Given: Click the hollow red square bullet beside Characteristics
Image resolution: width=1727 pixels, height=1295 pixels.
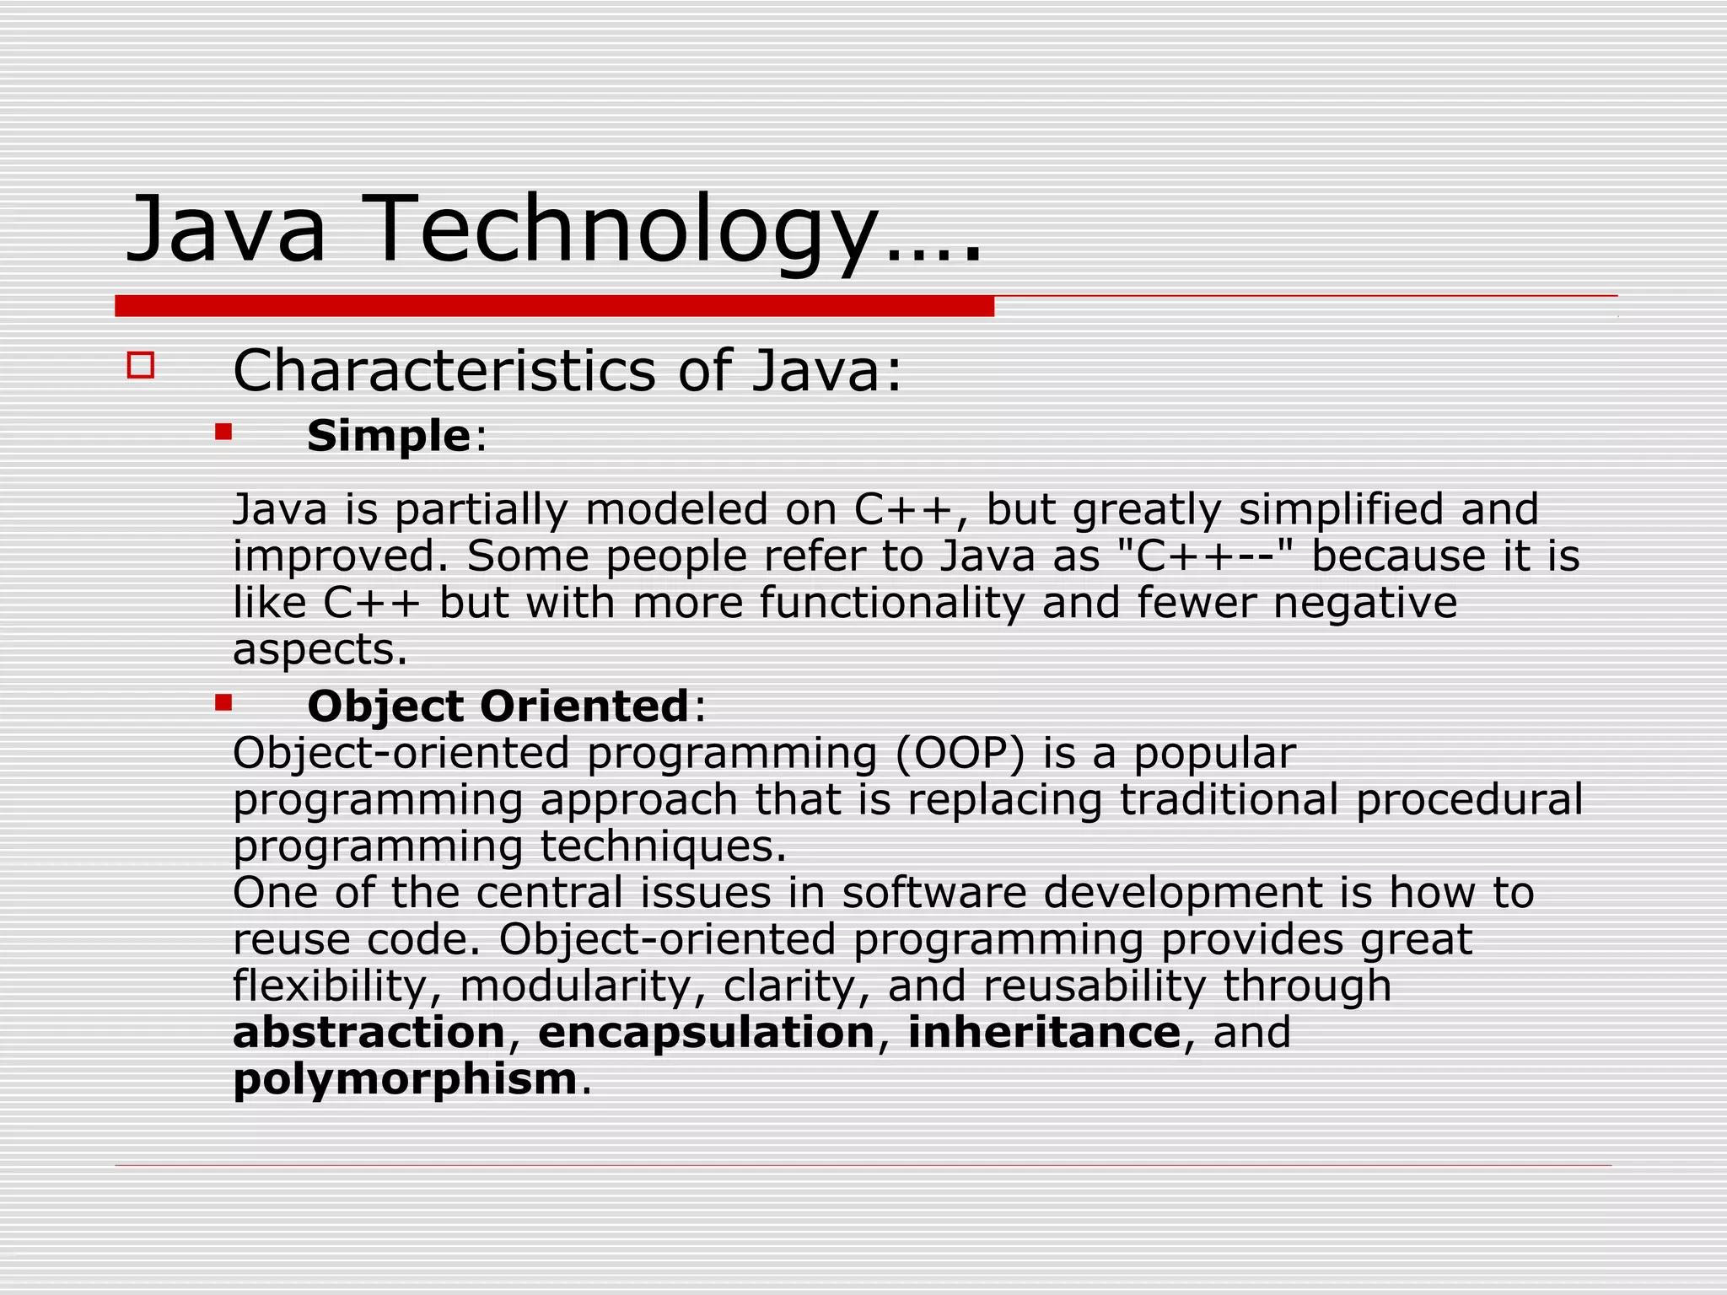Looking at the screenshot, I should tap(141, 366).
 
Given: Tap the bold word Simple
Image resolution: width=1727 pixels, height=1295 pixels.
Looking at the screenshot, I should tap(388, 437).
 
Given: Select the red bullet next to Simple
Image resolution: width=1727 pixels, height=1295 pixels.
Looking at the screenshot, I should tap(223, 433).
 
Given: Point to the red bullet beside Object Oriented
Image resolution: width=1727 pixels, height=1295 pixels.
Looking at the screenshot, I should tap(223, 702).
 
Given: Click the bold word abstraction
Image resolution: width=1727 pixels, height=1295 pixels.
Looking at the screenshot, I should tap(369, 1033).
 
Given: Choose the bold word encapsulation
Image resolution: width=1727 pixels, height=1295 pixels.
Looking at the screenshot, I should tap(707, 1034).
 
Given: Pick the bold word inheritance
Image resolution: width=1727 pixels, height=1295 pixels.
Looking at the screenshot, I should tap(1044, 1033).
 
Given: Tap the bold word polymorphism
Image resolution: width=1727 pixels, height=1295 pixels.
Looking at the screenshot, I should tap(405, 1080).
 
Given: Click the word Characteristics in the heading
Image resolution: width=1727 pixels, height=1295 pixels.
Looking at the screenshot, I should tap(444, 371).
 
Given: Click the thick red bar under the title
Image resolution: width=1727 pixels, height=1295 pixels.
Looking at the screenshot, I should tap(554, 306).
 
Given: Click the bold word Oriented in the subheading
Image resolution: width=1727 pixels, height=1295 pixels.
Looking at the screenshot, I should tap(584, 707).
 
